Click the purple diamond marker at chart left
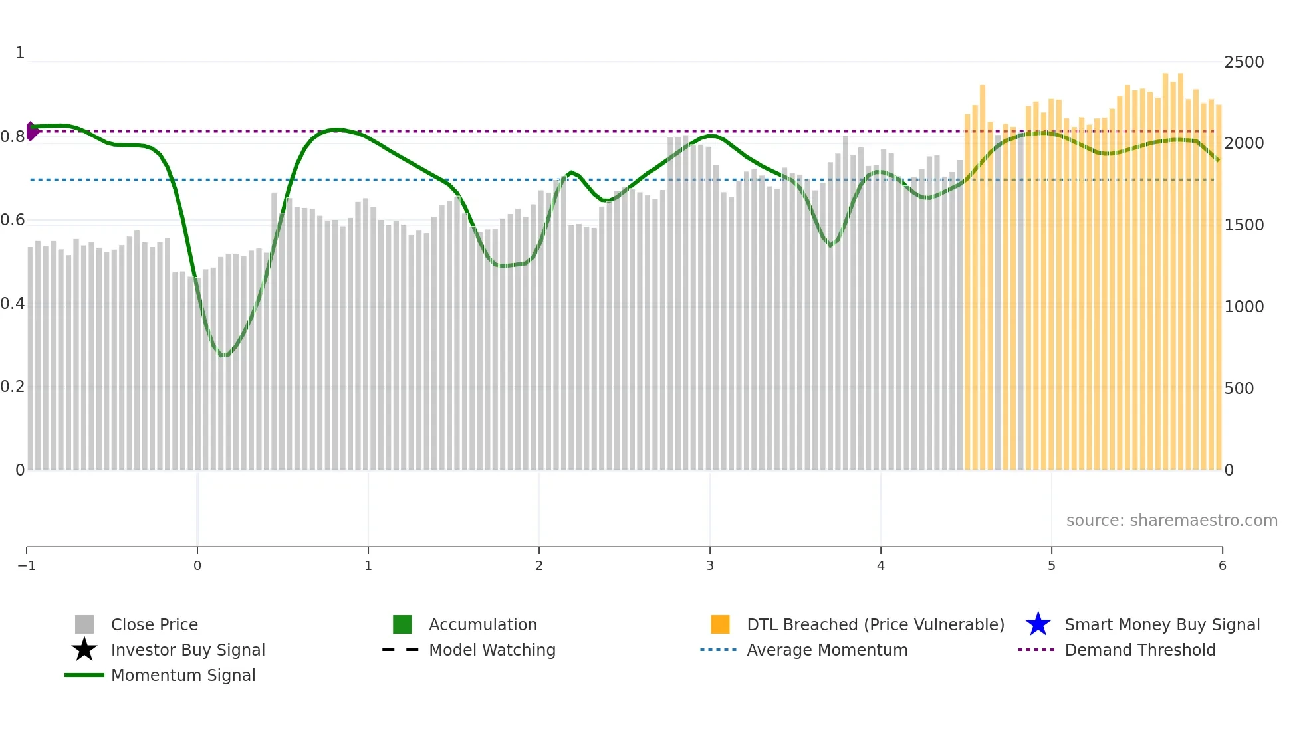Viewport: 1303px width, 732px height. [x=31, y=132]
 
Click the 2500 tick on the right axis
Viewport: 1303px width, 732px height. [x=1244, y=62]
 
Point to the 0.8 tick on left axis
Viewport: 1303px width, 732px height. [x=13, y=137]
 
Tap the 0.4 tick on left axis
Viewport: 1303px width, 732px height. [x=13, y=304]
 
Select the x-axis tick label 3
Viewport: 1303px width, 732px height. [x=709, y=565]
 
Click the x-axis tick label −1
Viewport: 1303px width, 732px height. [x=27, y=565]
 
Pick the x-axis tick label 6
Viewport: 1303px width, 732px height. [x=1222, y=565]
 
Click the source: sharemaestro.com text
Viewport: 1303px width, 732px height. [x=1171, y=521]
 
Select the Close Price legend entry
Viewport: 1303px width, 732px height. [x=154, y=624]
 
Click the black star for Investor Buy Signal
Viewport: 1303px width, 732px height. [x=84, y=650]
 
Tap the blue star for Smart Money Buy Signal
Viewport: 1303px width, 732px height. [x=1038, y=624]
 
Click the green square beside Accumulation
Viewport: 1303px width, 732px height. [x=402, y=624]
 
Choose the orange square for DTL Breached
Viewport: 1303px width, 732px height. [x=720, y=624]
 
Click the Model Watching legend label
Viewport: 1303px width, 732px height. [x=492, y=650]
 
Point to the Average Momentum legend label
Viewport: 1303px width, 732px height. [x=827, y=650]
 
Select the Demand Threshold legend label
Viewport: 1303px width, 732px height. [x=1139, y=650]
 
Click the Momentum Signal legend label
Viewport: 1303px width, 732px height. [x=183, y=675]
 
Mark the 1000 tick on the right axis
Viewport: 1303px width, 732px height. [x=1244, y=307]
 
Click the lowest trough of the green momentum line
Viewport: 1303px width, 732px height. [x=224, y=355]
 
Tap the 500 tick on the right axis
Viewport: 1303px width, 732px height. [x=1239, y=389]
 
